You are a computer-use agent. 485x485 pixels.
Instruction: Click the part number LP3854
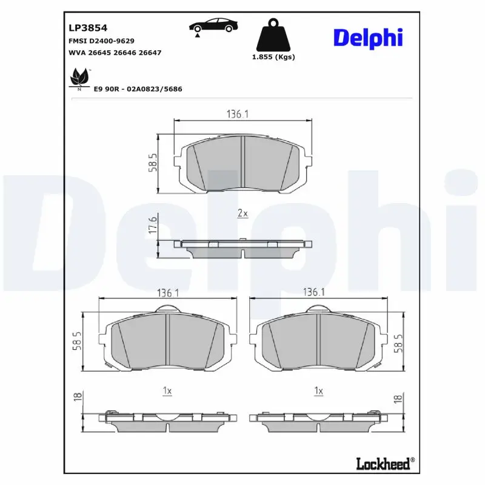[x=89, y=28]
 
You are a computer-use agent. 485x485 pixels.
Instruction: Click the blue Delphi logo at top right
[x=367, y=37]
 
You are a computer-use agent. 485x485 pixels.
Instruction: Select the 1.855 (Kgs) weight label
[x=272, y=57]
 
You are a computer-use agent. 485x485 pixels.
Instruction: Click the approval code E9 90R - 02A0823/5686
[x=138, y=89]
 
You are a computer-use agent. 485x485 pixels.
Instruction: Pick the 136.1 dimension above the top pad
[x=238, y=113]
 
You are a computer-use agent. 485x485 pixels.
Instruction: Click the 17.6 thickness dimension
[x=153, y=224]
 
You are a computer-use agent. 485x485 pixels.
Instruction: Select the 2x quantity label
[x=242, y=213]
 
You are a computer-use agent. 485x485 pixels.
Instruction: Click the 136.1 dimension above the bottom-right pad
[x=313, y=292]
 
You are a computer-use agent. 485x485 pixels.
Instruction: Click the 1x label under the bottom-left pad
[x=167, y=391]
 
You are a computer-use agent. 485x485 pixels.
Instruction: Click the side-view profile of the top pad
[x=243, y=246]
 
